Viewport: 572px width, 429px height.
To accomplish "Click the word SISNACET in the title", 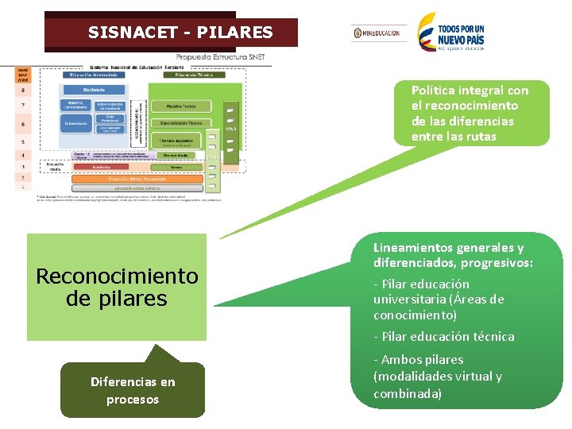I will pos(122,33).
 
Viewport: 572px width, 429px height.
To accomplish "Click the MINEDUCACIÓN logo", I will pos(377,33).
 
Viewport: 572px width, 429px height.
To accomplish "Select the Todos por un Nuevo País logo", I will pos(451,32).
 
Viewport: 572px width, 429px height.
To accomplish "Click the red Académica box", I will pos(101,168).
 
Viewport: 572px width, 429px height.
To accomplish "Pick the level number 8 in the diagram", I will pos(23,90).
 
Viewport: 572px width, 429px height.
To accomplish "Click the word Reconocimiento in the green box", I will pos(117,276).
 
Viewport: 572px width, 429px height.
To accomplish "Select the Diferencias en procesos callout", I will pos(133,390).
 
